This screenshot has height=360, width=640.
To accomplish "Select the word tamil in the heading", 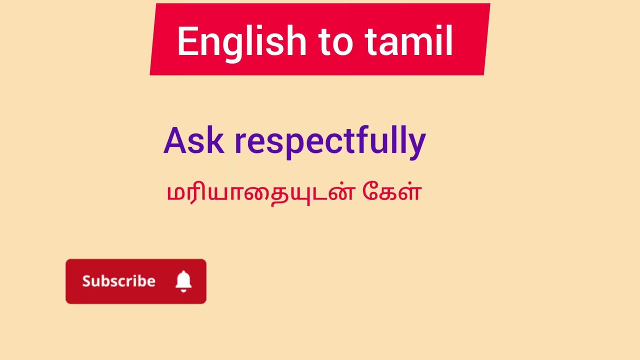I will pos(409,42).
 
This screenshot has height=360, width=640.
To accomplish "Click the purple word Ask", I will pos(193,141).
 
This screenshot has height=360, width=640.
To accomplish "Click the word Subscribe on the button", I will pos(118,281).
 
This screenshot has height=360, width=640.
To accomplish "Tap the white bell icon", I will pos(183,281).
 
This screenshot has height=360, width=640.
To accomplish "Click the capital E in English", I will pos(186,42).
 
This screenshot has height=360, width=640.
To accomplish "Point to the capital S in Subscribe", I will pos(87,281).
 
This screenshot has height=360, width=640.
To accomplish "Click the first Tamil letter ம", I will pos(174,193).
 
